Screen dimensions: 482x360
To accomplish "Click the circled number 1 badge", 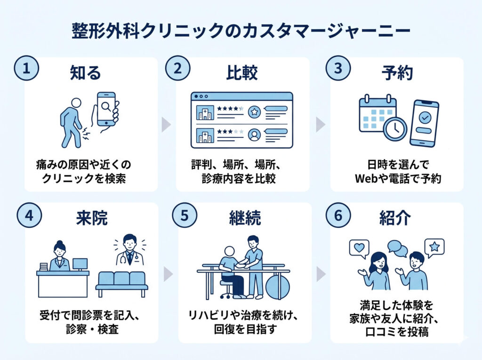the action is (x=26, y=68).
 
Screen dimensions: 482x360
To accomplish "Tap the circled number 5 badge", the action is (x=185, y=215).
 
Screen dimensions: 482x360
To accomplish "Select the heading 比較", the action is (x=242, y=73).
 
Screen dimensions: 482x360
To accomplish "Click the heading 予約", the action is (x=397, y=73).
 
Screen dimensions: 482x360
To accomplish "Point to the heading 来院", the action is (x=92, y=218).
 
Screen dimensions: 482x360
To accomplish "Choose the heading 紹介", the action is (x=395, y=218).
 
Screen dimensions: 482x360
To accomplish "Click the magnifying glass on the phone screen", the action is (x=106, y=107).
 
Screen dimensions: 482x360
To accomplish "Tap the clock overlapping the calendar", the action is (x=395, y=129).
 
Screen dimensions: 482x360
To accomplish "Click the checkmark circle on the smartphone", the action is (x=425, y=118).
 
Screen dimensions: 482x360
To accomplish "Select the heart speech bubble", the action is (x=359, y=248).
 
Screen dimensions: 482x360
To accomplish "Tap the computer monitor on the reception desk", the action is (x=80, y=264).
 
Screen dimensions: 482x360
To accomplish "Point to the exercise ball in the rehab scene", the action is (x=278, y=286).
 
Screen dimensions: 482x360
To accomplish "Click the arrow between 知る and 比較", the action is (x=166, y=125).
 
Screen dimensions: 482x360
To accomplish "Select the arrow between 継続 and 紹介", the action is (x=321, y=274).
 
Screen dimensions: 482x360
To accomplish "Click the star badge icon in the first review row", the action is (x=254, y=112).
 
